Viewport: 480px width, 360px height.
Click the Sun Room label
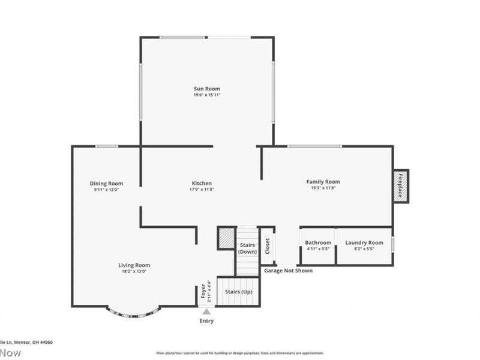point(206,88)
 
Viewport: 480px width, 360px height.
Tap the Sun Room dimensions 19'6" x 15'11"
point(206,95)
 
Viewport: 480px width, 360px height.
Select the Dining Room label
point(106,184)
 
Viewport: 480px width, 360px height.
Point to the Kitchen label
point(202,184)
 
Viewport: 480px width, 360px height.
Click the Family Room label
point(323,182)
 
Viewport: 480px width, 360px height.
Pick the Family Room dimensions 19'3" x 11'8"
point(323,188)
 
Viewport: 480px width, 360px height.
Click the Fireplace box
point(401,187)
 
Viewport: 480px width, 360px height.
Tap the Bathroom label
point(318,243)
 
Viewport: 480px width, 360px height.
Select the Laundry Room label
point(364,243)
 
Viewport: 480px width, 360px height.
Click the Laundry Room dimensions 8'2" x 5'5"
point(364,249)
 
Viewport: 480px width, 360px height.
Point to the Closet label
point(268,245)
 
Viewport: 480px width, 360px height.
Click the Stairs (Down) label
point(248,248)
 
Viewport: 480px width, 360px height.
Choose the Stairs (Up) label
point(238,292)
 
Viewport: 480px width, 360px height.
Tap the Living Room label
point(134,265)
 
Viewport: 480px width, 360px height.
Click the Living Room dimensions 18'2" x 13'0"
point(134,271)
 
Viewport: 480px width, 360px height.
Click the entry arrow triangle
point(206,311)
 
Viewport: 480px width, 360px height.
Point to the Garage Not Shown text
point(289,271)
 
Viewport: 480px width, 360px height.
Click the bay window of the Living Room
point(134,313)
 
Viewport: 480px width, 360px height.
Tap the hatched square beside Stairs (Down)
point(226,238)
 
